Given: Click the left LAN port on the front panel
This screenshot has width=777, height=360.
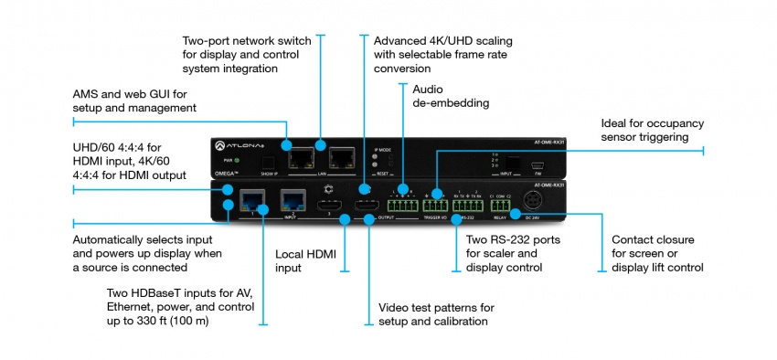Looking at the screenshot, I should (x=299, y=159).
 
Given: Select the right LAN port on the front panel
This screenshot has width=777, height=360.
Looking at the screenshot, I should (x=342, y=159).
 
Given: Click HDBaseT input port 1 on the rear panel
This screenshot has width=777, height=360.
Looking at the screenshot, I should (x=251, y=200).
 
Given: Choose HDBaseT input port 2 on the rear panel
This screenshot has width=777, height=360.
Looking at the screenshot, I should (x=293, y=200).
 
